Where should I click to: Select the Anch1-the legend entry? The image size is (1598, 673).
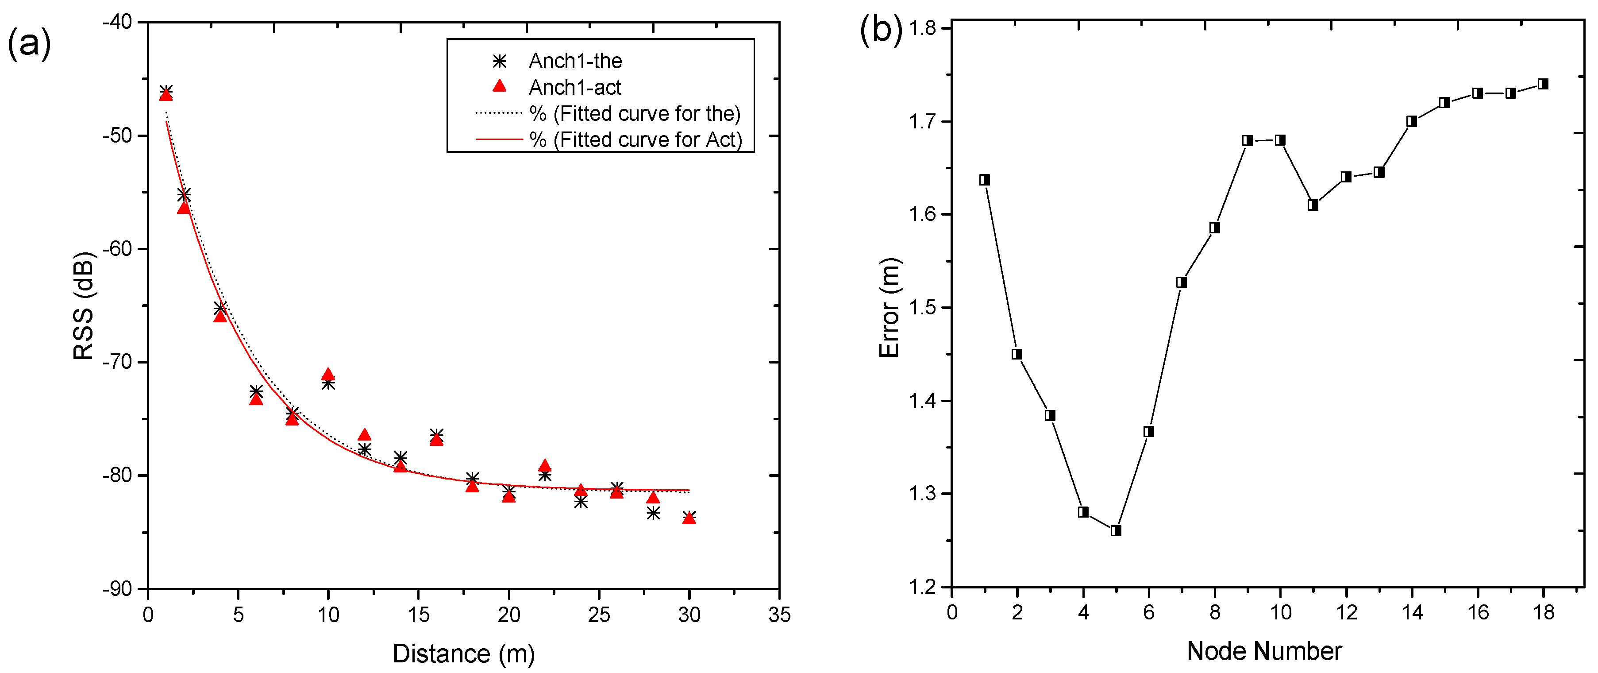tap(574, 61)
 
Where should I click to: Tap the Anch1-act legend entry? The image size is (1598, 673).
tap(574, 88)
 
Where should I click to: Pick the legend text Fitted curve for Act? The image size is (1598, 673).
tap(636, 139)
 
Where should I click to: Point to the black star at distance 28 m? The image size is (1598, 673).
tap(653, 513)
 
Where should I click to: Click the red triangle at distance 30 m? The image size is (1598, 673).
tap(689, 518)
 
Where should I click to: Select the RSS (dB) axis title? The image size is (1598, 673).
tap(83, 306)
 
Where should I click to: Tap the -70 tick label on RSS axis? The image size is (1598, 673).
tap(117, 362)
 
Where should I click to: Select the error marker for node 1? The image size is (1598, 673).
tap(985, 180)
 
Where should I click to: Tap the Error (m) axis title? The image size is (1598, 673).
tap(889, 307)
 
